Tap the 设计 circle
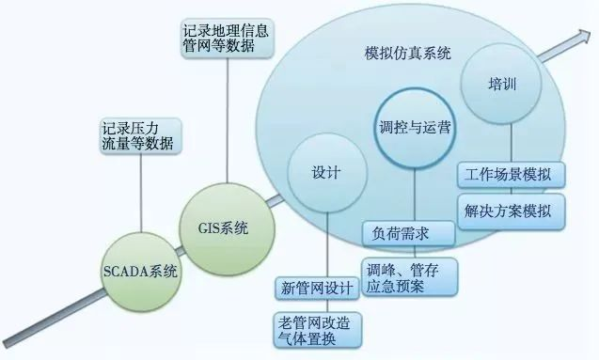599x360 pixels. coord(325,175)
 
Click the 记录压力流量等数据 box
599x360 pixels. coord(140,135)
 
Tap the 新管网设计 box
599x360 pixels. coord(315,287)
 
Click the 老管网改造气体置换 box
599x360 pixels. coord(315,329)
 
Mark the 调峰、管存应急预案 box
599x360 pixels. coord(410,277)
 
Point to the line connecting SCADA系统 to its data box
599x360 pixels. coord(140,193)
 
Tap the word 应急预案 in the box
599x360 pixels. coord(397,286)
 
